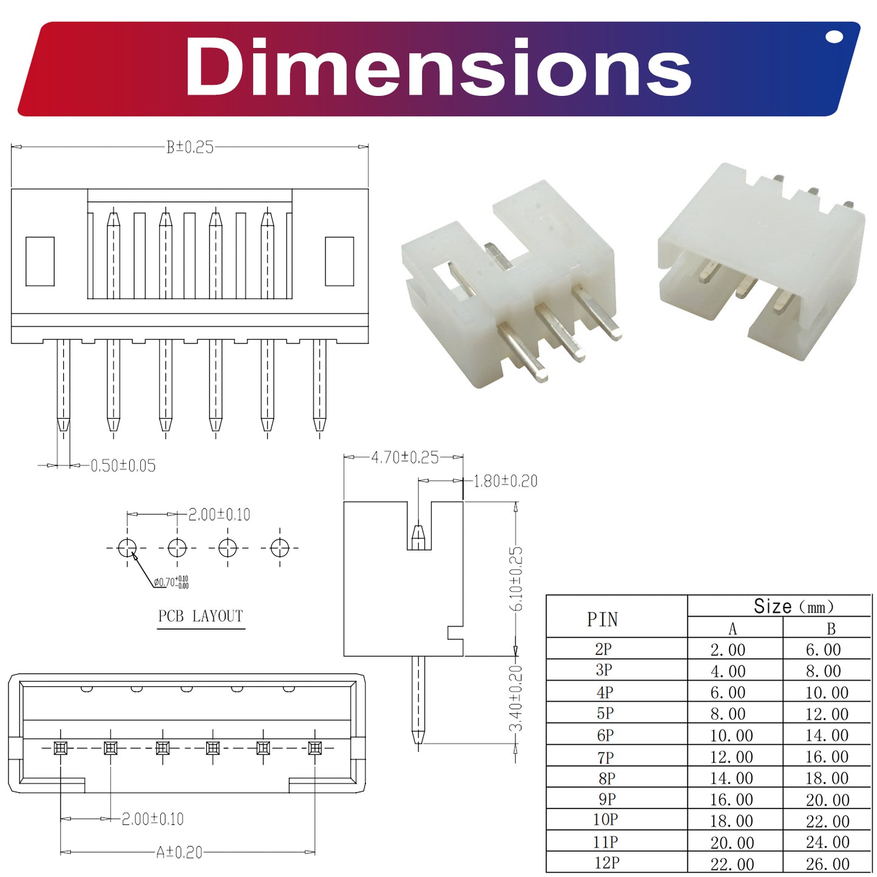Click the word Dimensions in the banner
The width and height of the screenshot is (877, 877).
(438, 67)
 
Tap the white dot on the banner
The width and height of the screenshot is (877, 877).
(835, 37)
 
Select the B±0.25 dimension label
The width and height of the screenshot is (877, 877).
(190, 147)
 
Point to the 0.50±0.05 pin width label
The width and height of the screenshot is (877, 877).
(123, 466)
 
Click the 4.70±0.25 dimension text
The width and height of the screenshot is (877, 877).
(405, 458)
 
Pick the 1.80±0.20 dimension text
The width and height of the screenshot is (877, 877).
(505, 481)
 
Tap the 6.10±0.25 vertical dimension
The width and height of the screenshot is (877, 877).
(516, 578)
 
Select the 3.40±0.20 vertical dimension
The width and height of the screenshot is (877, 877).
(516, 698)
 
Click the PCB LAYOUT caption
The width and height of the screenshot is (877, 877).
(200, 616)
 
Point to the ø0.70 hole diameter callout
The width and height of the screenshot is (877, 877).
(171, 582)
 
